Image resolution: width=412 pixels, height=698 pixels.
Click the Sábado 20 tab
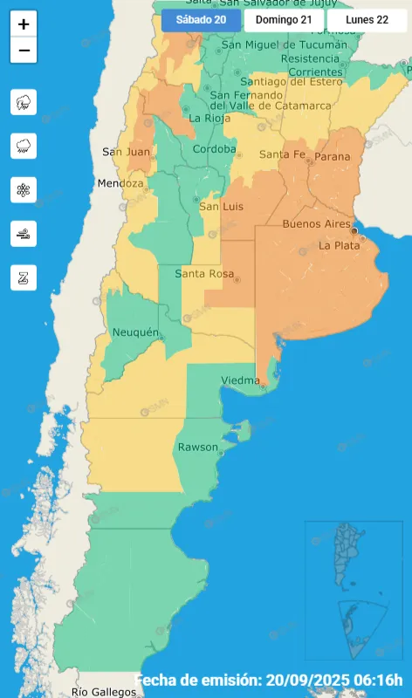[x=201, y=20]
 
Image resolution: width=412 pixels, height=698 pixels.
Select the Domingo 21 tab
[x=284, y=20]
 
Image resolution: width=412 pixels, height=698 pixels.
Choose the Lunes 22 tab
[x=367, y=20]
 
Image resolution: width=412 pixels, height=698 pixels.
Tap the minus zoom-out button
[x=24, y=51]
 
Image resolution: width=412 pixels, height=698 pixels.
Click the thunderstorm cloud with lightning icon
[x=24, y=102]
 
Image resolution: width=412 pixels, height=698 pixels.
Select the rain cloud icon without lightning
[x=24, y=146]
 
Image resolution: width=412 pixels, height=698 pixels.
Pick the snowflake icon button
[x=24, y=189]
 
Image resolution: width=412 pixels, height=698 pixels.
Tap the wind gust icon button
[x=24, y=233]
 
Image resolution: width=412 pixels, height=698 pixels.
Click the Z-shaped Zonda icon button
[x=24, y=277]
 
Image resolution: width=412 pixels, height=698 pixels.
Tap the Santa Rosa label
[x=203, y=274]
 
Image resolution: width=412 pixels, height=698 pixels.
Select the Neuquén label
[x=135, y=332]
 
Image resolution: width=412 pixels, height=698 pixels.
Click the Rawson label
[x=197, y=447]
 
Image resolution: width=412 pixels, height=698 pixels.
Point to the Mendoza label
[x=120, y=184]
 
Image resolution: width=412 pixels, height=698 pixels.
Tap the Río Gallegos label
[x=104, y=692]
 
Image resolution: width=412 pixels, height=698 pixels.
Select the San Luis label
[x=220, y=207]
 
